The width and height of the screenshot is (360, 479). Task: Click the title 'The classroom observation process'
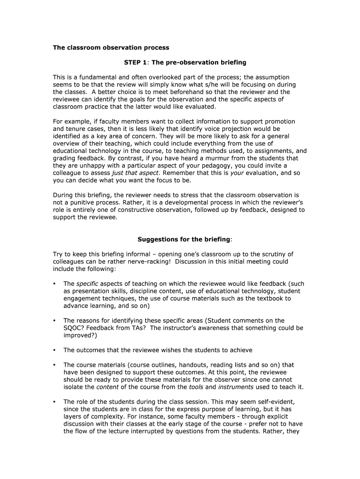point(111,48)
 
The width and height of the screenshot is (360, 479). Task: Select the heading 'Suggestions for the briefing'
point(184,239)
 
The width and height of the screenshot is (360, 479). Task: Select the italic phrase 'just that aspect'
point(136,173)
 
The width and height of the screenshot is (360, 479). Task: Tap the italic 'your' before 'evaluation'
point(238,173)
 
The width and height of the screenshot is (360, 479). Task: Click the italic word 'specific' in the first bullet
point(87,284)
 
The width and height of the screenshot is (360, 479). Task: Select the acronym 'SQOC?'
point(74,328)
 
